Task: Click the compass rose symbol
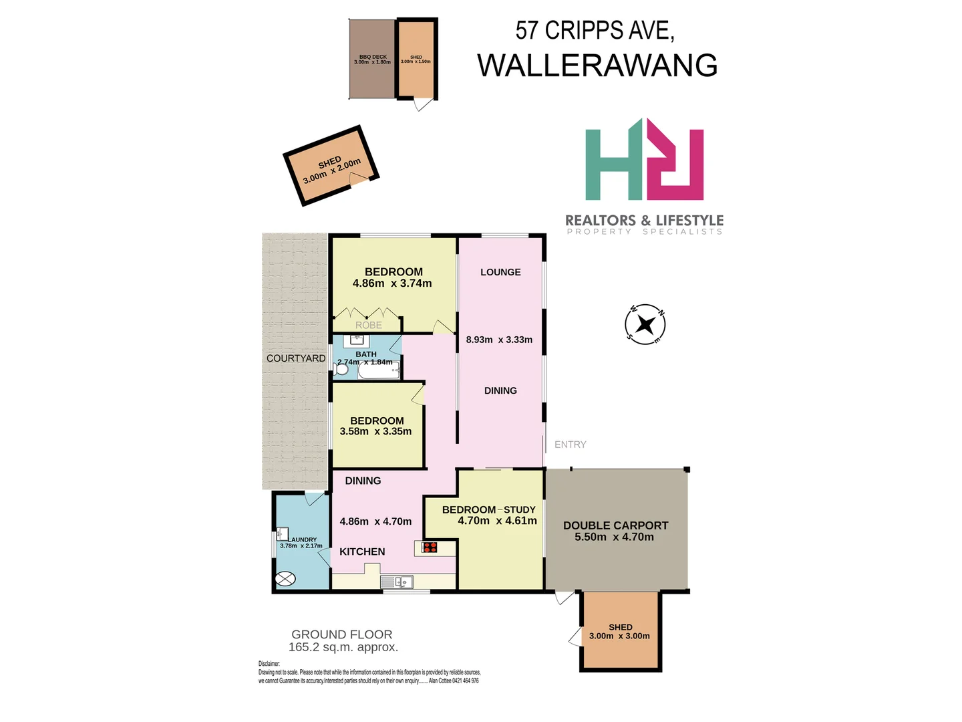[645, 325]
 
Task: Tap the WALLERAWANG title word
[597, 66]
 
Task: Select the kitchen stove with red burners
[430, 548]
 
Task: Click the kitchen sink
[397, 582]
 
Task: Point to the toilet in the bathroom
[342, 368]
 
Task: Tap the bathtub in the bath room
[379, 370]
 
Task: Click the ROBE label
[369, 325]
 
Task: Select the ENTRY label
[570, 445]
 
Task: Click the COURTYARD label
[296, 358]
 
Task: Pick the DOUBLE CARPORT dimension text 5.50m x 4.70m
[614, 537]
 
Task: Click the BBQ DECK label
[373, 57]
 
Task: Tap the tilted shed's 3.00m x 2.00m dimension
[332, 170]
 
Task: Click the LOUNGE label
[500, 272]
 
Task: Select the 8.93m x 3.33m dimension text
[499, 340]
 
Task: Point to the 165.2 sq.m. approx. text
[343, 647]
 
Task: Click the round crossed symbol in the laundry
[285, 579]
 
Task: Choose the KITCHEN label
[362, 552]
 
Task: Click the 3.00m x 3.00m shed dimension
[619, 636]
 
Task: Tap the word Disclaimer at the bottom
[269, 664]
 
